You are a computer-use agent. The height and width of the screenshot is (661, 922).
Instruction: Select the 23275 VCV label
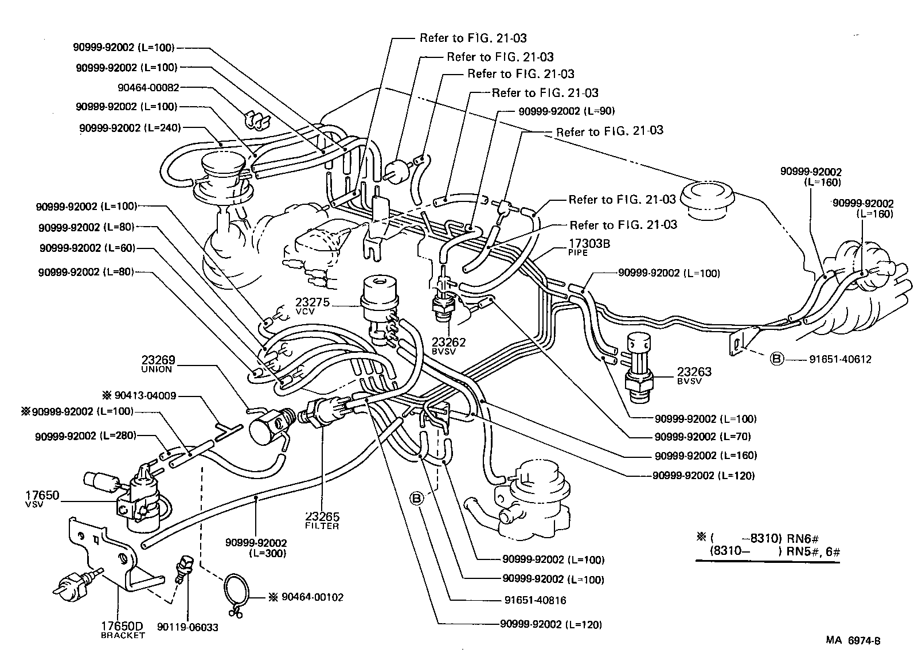(312, 306)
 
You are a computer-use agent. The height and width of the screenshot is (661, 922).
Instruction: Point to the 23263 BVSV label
(694, 375)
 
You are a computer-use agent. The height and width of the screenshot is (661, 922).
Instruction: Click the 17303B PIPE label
(589, 247)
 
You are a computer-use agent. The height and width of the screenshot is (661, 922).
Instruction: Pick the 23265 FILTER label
(322, 520)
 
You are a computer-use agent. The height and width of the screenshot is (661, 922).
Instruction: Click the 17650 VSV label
(42, 499)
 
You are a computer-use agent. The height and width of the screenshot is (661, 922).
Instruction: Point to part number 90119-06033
(187, 627)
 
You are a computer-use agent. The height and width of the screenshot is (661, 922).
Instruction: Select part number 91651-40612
(840, 360)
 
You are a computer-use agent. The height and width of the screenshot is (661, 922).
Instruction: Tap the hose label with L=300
(256, 547)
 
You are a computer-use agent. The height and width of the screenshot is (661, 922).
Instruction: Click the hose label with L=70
(702, 437)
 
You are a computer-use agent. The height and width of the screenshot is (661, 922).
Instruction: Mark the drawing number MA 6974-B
(853, 641)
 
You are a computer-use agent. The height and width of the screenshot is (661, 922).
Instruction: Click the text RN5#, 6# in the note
(812, 552)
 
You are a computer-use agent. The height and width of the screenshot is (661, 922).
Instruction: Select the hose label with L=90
(566, 111)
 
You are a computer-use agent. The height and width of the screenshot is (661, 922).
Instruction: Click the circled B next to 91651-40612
(776, 359)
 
